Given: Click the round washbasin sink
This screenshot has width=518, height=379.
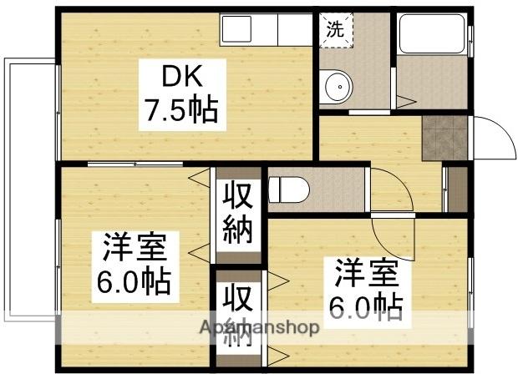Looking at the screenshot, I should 338,84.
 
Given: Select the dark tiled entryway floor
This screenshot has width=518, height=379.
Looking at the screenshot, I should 442,139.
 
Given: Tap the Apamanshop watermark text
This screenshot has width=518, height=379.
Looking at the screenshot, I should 258,328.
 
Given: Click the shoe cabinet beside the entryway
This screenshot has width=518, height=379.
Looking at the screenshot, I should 455,189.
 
